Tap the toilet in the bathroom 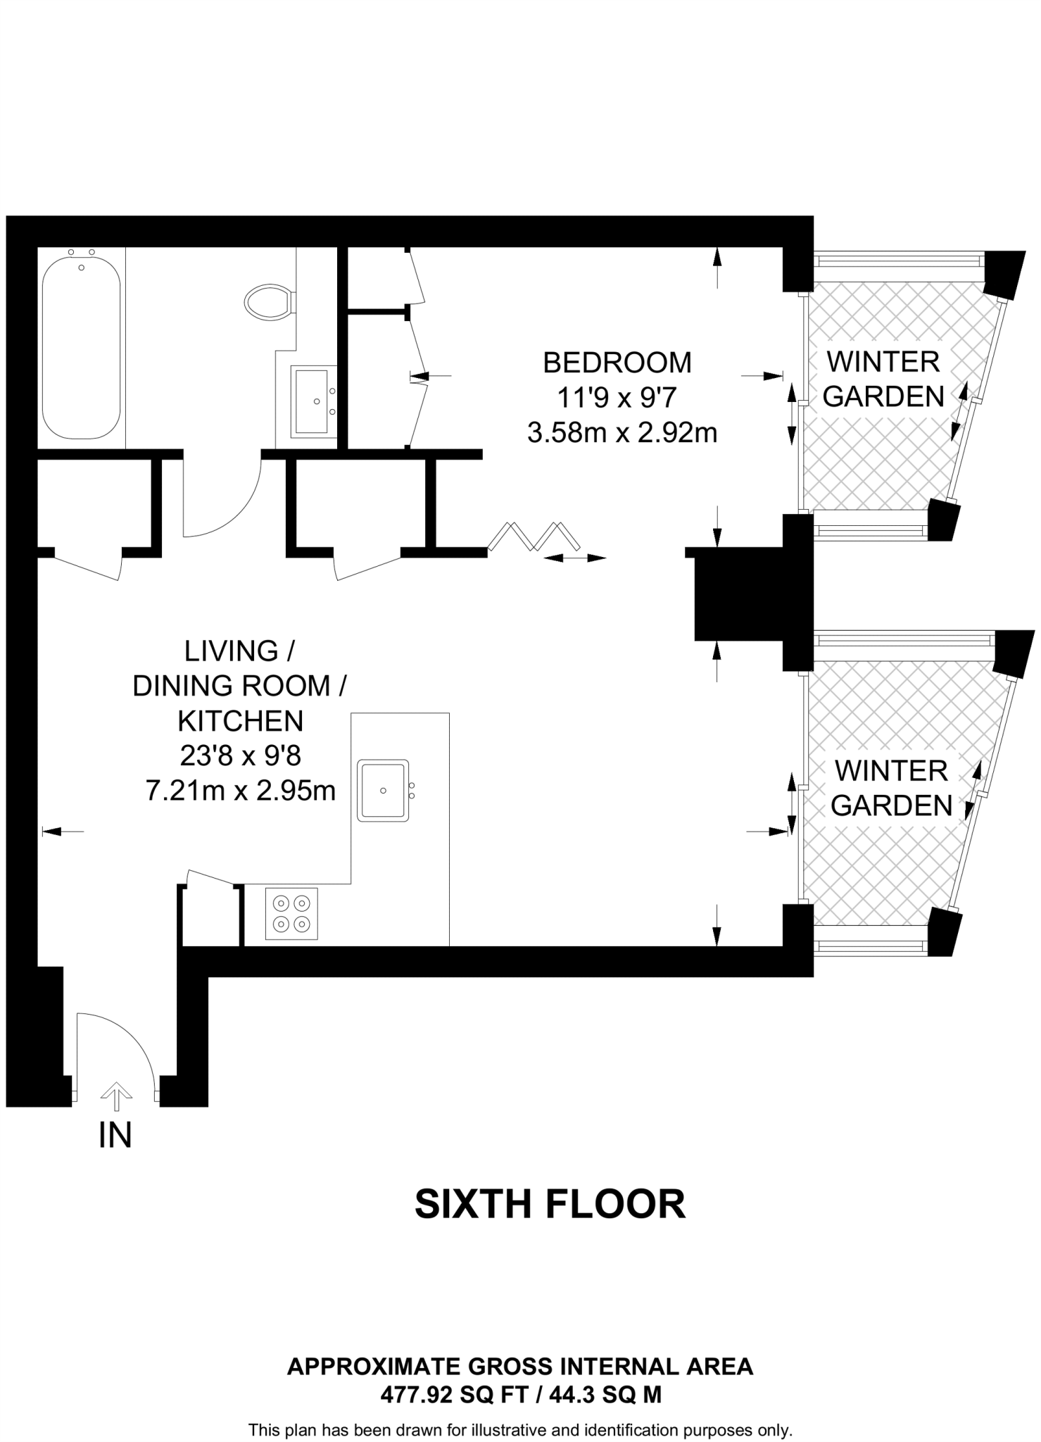tap(268, 302)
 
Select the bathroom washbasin tap(313, 401)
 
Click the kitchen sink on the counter tap(383, 790)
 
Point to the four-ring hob tap(291, 913)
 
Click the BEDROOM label tap(617, 363)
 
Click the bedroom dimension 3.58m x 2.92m tap(622, 432)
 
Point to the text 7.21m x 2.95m tap(240, 791)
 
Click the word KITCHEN tap(240, 721)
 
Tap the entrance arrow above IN tap(116, 1096)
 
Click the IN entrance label tap(115, 1135)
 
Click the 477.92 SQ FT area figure tap(454, 1395)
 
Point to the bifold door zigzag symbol tap(535, 535)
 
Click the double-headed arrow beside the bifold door tap(575, 558)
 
